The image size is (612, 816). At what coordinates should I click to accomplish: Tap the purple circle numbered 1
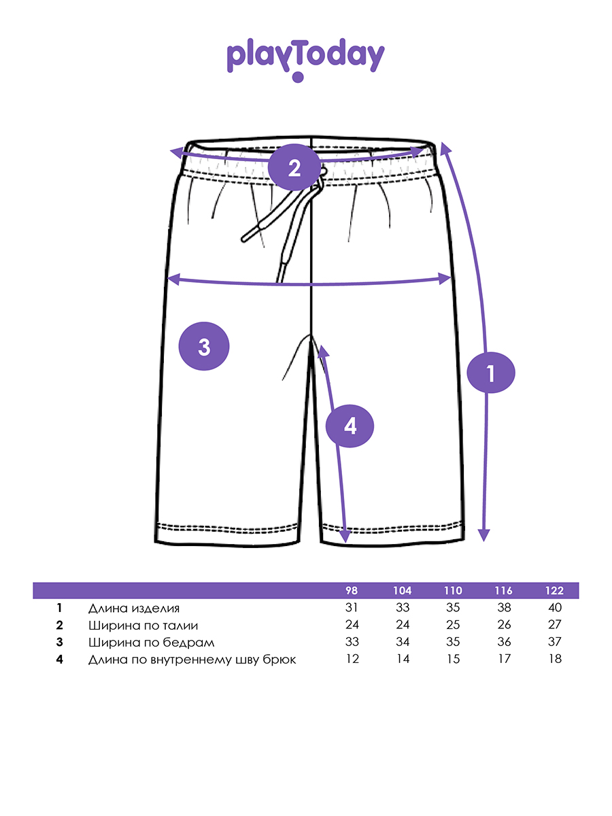tap(492, 372)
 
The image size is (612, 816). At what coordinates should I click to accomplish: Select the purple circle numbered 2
tap(294, 167)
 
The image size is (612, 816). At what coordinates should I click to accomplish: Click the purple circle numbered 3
tap(203, 347)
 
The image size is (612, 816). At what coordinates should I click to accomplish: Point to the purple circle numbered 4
tap(350, 426)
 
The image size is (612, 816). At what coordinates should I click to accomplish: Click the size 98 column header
tap(352, 590)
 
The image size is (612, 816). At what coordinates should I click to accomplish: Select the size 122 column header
tap(554, 590)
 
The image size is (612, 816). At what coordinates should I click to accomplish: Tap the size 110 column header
tap(453, 590)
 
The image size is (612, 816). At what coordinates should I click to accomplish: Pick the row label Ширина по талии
tap(143, 625)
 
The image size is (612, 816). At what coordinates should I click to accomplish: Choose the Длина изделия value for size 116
tap(504, 608)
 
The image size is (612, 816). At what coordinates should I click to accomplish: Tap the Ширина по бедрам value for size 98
tap(352, 642)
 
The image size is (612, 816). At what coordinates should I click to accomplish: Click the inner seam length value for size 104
tap(403, 659)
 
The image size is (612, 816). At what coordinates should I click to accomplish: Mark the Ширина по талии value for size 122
tap(554, 625)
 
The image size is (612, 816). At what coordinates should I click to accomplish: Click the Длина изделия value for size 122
tap(554, 608)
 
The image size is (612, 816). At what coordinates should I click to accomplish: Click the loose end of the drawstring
tap(245, 239)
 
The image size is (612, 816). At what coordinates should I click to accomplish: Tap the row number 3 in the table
tap(60, 642)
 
